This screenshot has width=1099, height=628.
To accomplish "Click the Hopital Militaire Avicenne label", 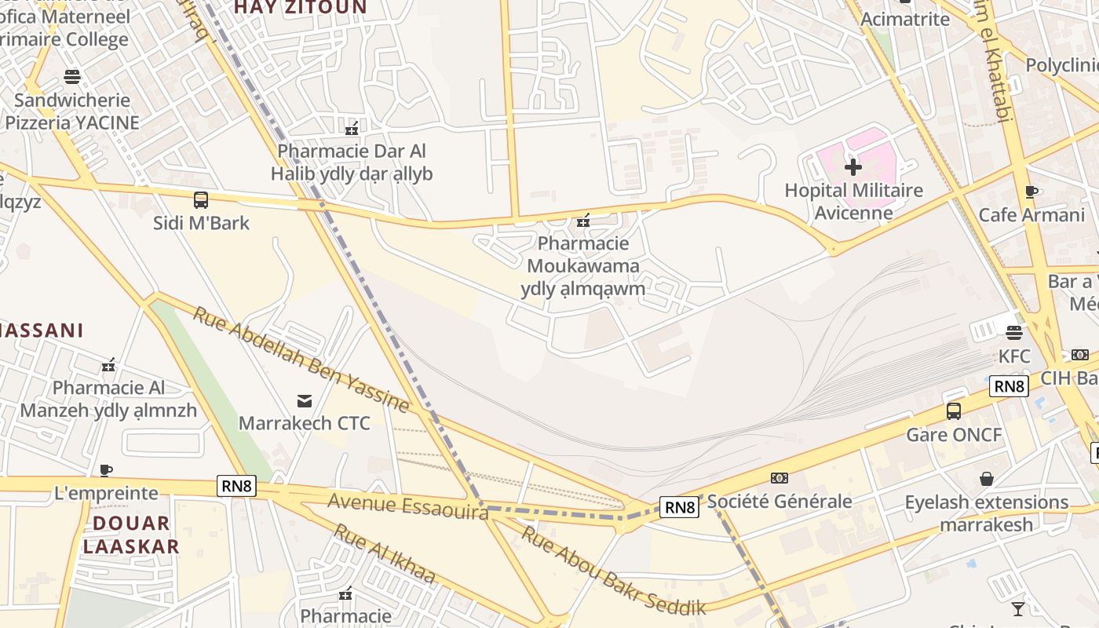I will (853, 201).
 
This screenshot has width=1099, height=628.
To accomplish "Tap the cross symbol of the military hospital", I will (853, 167).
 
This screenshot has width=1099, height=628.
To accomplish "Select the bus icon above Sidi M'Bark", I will (201, 200).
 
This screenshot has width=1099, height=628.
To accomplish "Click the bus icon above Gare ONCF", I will (954, 411).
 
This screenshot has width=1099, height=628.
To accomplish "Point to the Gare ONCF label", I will (954, 434).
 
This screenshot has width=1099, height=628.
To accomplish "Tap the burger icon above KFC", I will (1014, 333).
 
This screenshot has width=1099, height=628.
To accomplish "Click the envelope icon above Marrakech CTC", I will (305, 401).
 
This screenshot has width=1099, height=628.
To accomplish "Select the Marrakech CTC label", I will (305, 423).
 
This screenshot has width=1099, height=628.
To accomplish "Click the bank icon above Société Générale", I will (780, 477).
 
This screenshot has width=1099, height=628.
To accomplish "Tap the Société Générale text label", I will (780, 501).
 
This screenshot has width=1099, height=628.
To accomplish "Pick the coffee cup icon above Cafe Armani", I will (1031, 192).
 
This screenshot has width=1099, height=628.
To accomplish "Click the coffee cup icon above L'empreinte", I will (106, 470).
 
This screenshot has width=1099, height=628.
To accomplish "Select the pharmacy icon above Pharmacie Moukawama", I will (582, 221).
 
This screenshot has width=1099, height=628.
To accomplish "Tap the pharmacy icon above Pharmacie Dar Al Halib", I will (352, 128).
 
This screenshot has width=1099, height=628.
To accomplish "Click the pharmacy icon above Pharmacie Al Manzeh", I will (108, 365).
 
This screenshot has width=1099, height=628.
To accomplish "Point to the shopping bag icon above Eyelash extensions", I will (987, 479).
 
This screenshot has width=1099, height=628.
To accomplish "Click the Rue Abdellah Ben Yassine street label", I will (301, 360).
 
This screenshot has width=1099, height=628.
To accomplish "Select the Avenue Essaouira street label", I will (407, 505).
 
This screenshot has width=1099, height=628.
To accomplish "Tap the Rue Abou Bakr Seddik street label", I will (614, 571).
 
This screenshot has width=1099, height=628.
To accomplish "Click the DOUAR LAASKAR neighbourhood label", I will (131, 535).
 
